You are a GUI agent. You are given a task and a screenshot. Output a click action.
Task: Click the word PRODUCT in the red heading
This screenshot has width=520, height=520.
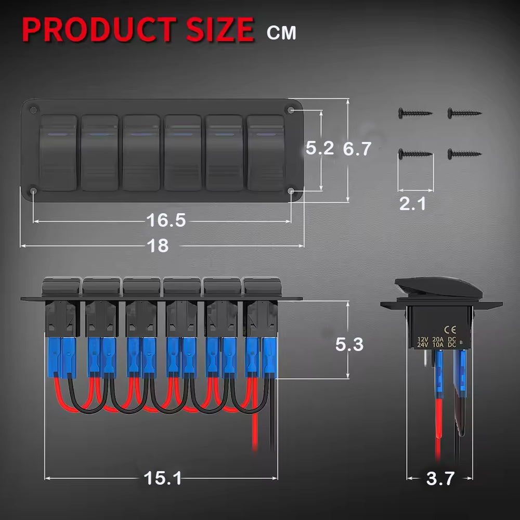(x=99, y=29)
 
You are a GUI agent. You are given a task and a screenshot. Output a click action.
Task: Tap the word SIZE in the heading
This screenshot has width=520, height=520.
(x=220, y=29)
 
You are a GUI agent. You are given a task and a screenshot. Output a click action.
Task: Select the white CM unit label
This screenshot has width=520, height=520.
(x=281, y=33)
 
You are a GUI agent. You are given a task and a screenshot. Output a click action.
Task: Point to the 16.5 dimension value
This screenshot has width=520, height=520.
(x=166, y=220)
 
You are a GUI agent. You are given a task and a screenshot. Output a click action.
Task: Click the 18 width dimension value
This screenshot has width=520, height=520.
(x=158, y=246)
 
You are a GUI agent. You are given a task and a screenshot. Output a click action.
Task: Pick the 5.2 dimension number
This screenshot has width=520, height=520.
(x=320, y=148)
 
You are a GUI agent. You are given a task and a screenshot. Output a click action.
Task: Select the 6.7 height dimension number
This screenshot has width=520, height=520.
(x=357, y=149)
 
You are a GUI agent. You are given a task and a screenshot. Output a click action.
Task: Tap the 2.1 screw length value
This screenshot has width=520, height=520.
(x=412, y=204)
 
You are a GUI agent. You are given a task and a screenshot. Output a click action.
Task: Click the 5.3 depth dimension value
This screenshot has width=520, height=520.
(x=349, y=344)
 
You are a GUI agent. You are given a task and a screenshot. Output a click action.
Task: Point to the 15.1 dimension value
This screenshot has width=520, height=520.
(x=162, y=478)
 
